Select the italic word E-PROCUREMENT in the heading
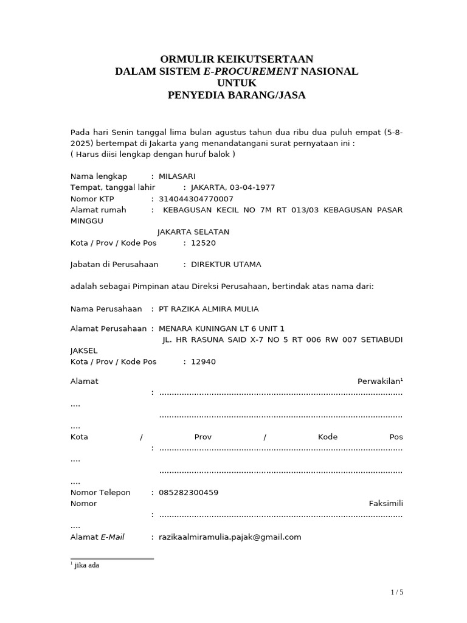tap(251, 71)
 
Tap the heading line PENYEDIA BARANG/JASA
tap(237, 95)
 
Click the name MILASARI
tap(177, 176)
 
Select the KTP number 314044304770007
tap(196, 199)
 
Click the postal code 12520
tap(203, 243)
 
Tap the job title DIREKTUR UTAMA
tap(226, 265)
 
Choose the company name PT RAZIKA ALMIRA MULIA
tap(208, 308)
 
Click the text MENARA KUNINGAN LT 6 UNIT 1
tap(221, 329)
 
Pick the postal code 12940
tap(203, 362)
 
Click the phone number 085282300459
tap(189, 493)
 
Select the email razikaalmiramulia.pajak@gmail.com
tap(230, 537)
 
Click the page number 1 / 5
tap(397, 593)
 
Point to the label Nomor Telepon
tap(100, 493)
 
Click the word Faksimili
tap(386, 504)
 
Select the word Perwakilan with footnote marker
tap(379, 381)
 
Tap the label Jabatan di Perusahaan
tap(114, 265)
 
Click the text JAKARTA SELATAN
tap(193, 232)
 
